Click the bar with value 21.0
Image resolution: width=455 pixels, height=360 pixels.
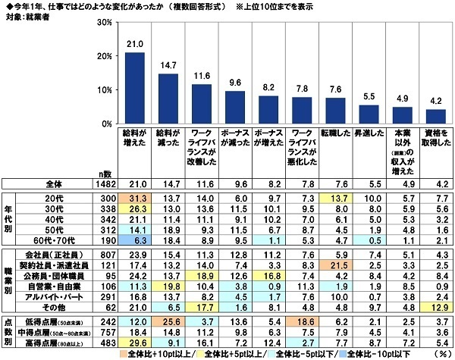135,88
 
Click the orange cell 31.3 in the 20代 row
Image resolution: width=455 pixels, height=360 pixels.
135,196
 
